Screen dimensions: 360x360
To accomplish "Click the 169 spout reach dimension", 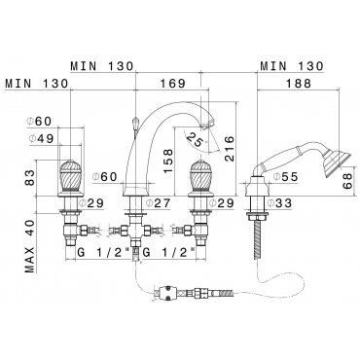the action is (x=172, y=84).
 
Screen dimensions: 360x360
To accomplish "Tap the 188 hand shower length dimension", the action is (x=299, y=84).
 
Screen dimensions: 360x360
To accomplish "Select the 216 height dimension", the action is (x=229, y=149).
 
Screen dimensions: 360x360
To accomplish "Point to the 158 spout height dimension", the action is (x=168, y=162).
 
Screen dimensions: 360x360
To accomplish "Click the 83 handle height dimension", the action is (x=29, y=177).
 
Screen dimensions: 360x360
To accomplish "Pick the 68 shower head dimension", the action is (x=347, y=181).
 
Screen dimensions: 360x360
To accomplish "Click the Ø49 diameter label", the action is (x=41, y=139).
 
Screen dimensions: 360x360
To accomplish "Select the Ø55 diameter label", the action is (x=286, y=177).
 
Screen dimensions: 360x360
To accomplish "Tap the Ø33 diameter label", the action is (x=279, y=203).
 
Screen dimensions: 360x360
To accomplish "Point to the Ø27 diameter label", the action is (x=158, y=203).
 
